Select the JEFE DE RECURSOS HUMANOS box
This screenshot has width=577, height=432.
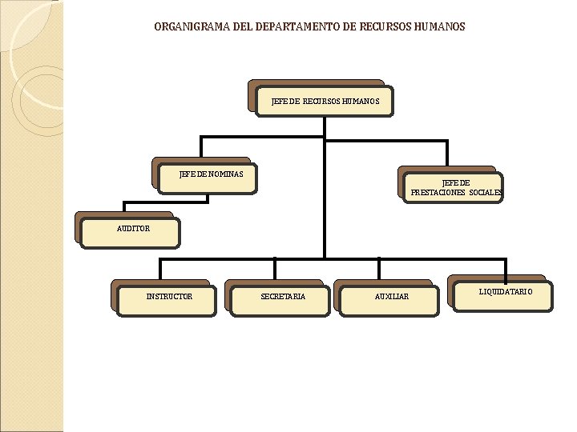tap(324, 102)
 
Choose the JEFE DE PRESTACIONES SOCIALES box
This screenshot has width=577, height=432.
tap(455, 188)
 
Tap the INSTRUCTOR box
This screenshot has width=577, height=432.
tap(167, 298)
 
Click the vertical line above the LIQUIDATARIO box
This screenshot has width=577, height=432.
tap(506, 268)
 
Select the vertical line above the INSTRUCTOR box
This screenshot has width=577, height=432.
tap(161, 270)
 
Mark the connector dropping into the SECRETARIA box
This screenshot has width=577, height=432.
tap(275, 270)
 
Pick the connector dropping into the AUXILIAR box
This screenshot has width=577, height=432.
tap(380, 270)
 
